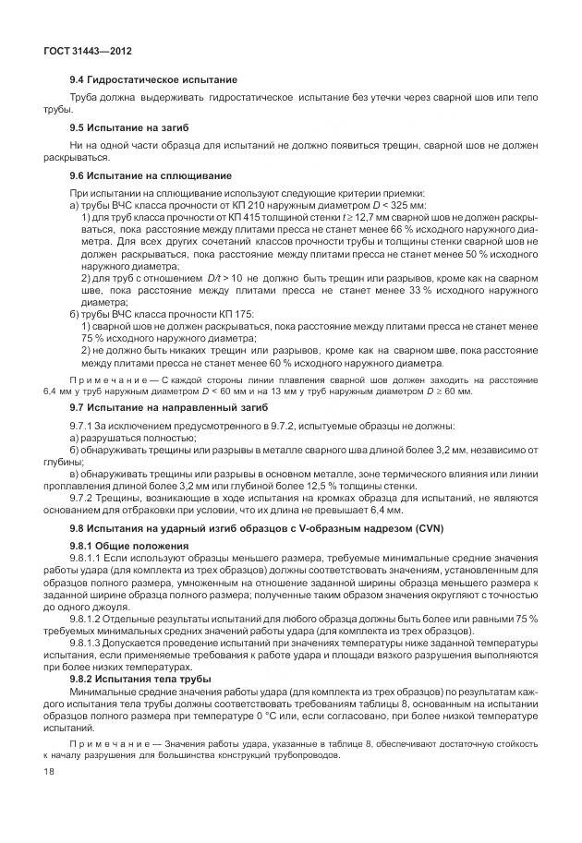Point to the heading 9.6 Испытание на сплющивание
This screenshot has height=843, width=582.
coord(146,175)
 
